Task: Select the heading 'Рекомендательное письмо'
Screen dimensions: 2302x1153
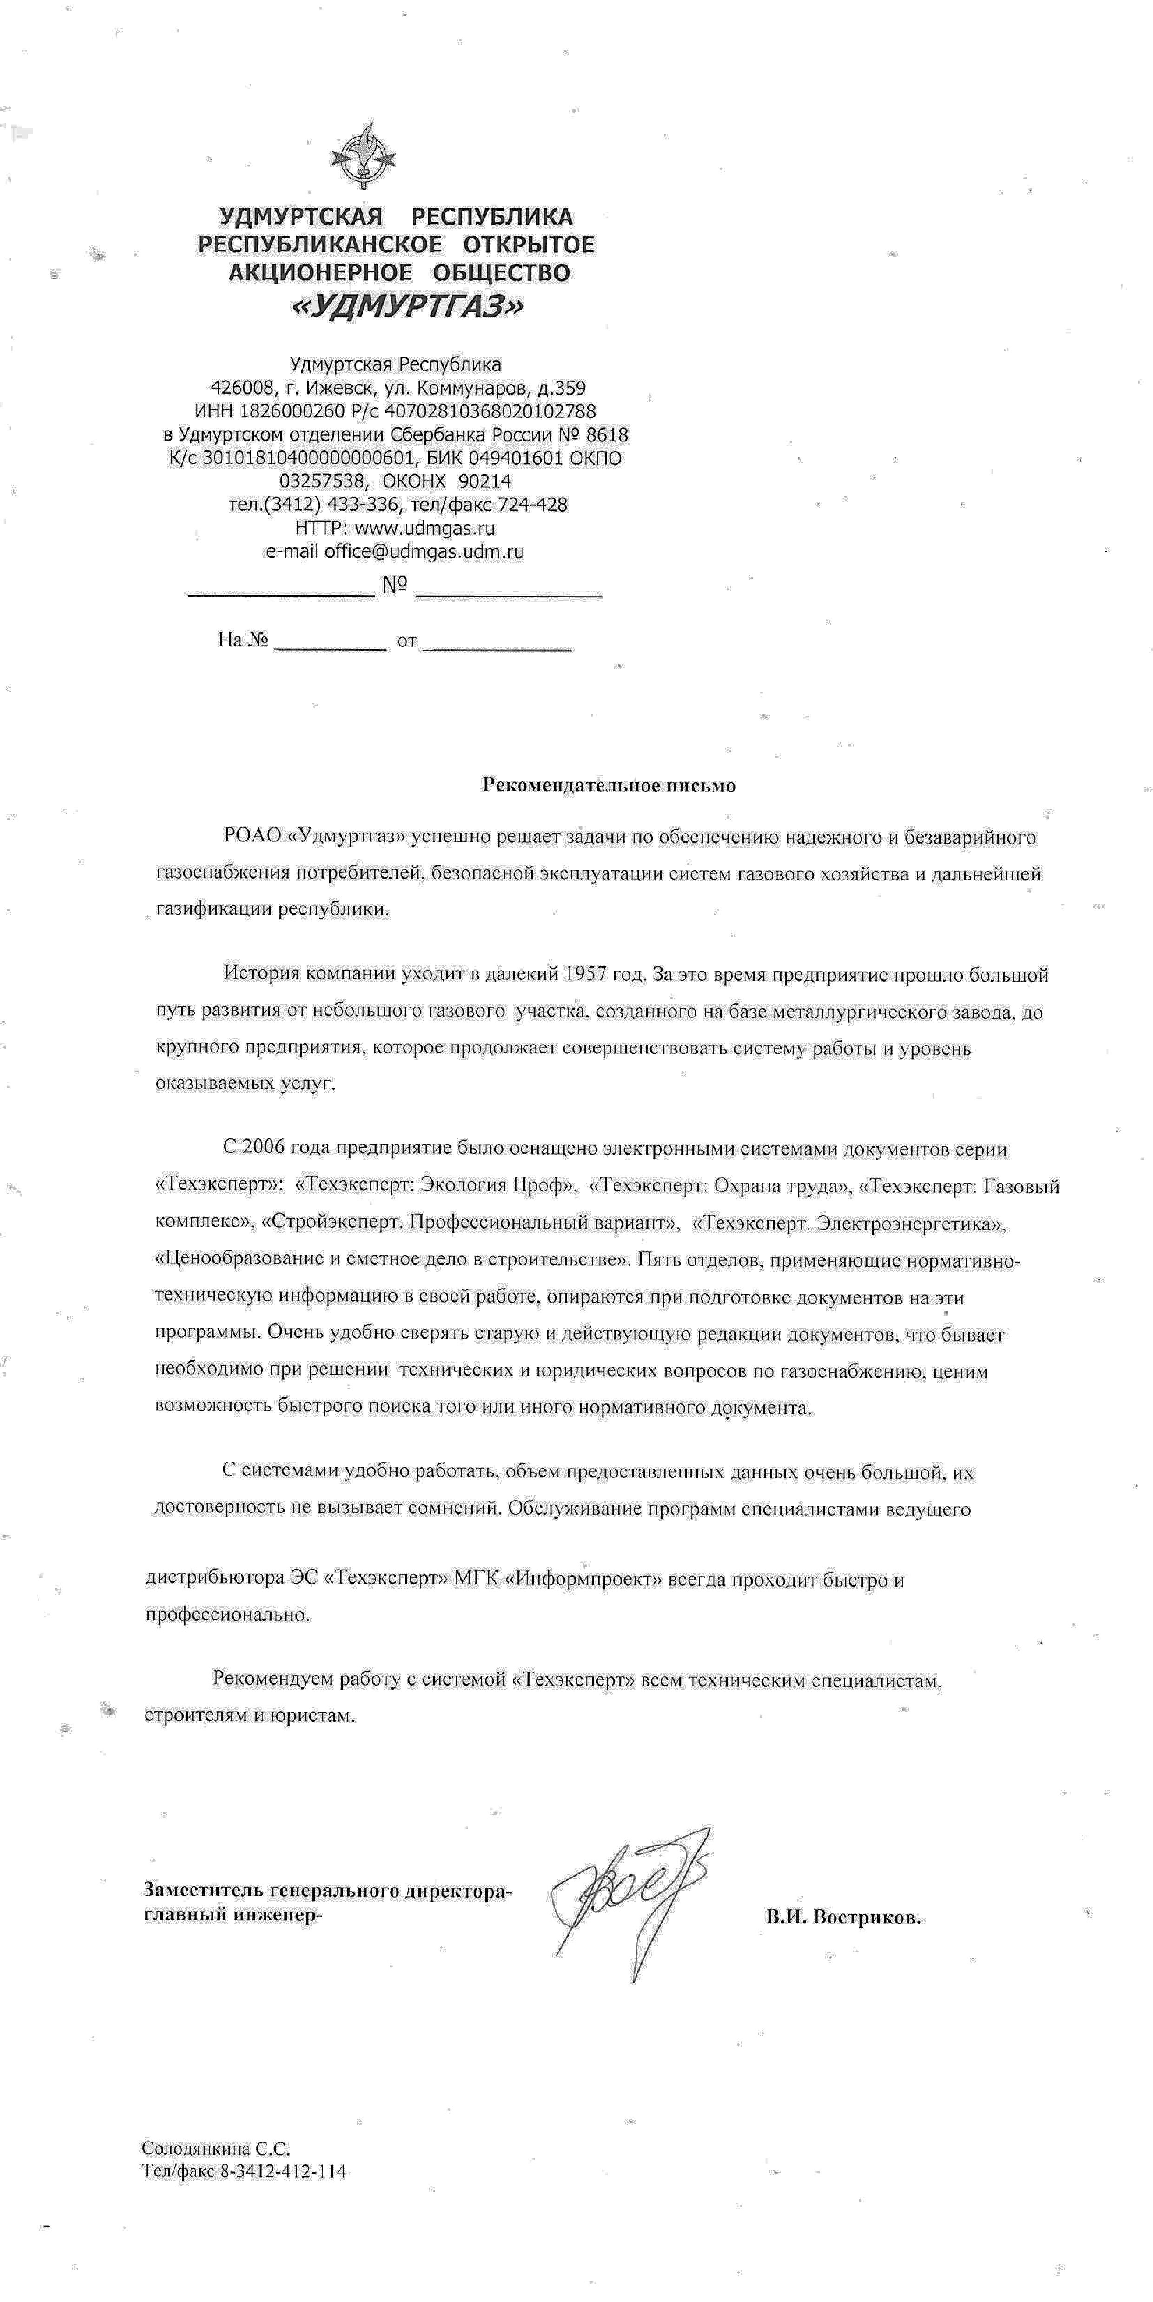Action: pyautogui.click(x=609, y=785)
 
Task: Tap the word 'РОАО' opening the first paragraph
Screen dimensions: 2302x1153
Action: pyautogui.click(x=253, y=836)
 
